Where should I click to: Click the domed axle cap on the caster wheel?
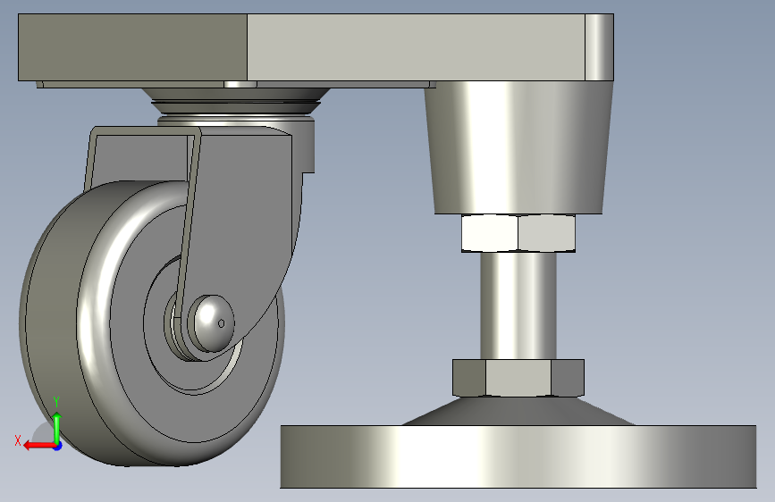pyautogui.click(x=214, y=323)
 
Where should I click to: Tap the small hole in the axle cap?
pyautogui.click(x=221, y=323)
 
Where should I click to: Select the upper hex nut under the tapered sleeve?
pyautogui.click(x=518, y=233)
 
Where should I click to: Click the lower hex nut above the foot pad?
pyautogui.click(x=518, y=378)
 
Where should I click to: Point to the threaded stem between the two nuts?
pyautogui.click(x=518, y=305)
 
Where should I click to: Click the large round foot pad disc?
pyautogui.click(x=518, y=456)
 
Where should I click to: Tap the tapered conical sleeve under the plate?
pyautogui.click(x=518, y=147)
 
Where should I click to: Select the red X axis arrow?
pyautogui.click(x=39, y=446)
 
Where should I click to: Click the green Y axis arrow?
pyautogui.click(x=57, y=427)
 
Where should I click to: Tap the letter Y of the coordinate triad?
pyautogui.click(x=56, y=402)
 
